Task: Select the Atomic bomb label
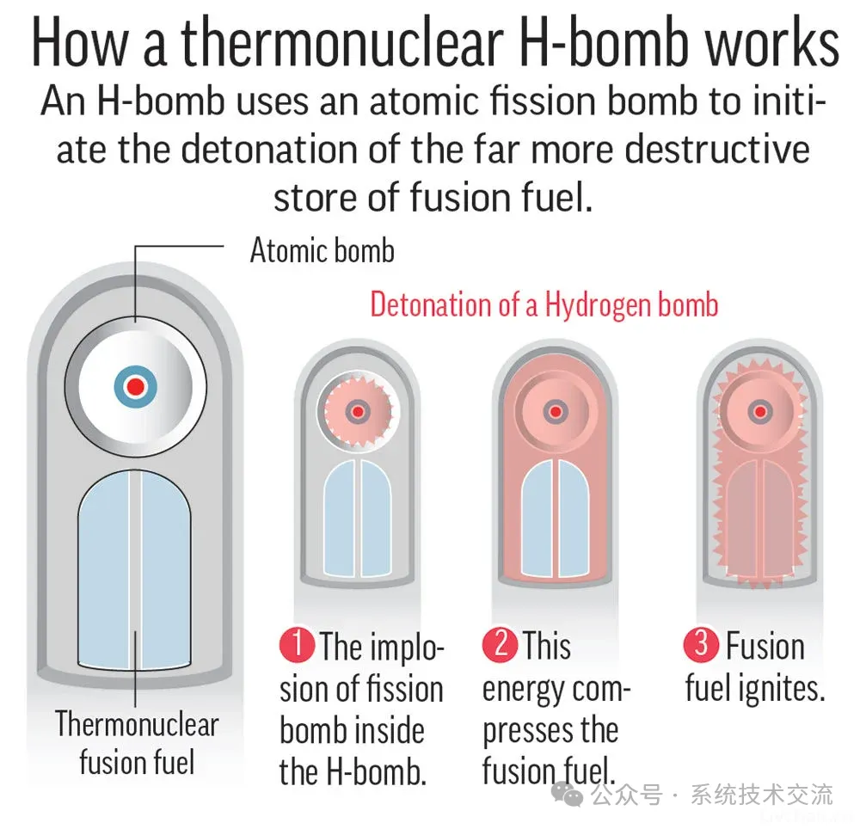322,250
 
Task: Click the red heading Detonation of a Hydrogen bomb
544,304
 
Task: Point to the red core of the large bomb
136,386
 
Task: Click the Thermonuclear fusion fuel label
137,742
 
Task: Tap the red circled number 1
297,644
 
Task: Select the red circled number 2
500,644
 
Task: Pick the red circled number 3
701,644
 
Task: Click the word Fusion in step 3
765,646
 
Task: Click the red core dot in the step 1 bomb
358,412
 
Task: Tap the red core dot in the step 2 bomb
555,411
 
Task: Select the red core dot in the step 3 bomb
760,411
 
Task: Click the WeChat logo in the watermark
567,795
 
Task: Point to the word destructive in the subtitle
717,150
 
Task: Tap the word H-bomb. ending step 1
377,772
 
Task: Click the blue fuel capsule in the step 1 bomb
358,518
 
